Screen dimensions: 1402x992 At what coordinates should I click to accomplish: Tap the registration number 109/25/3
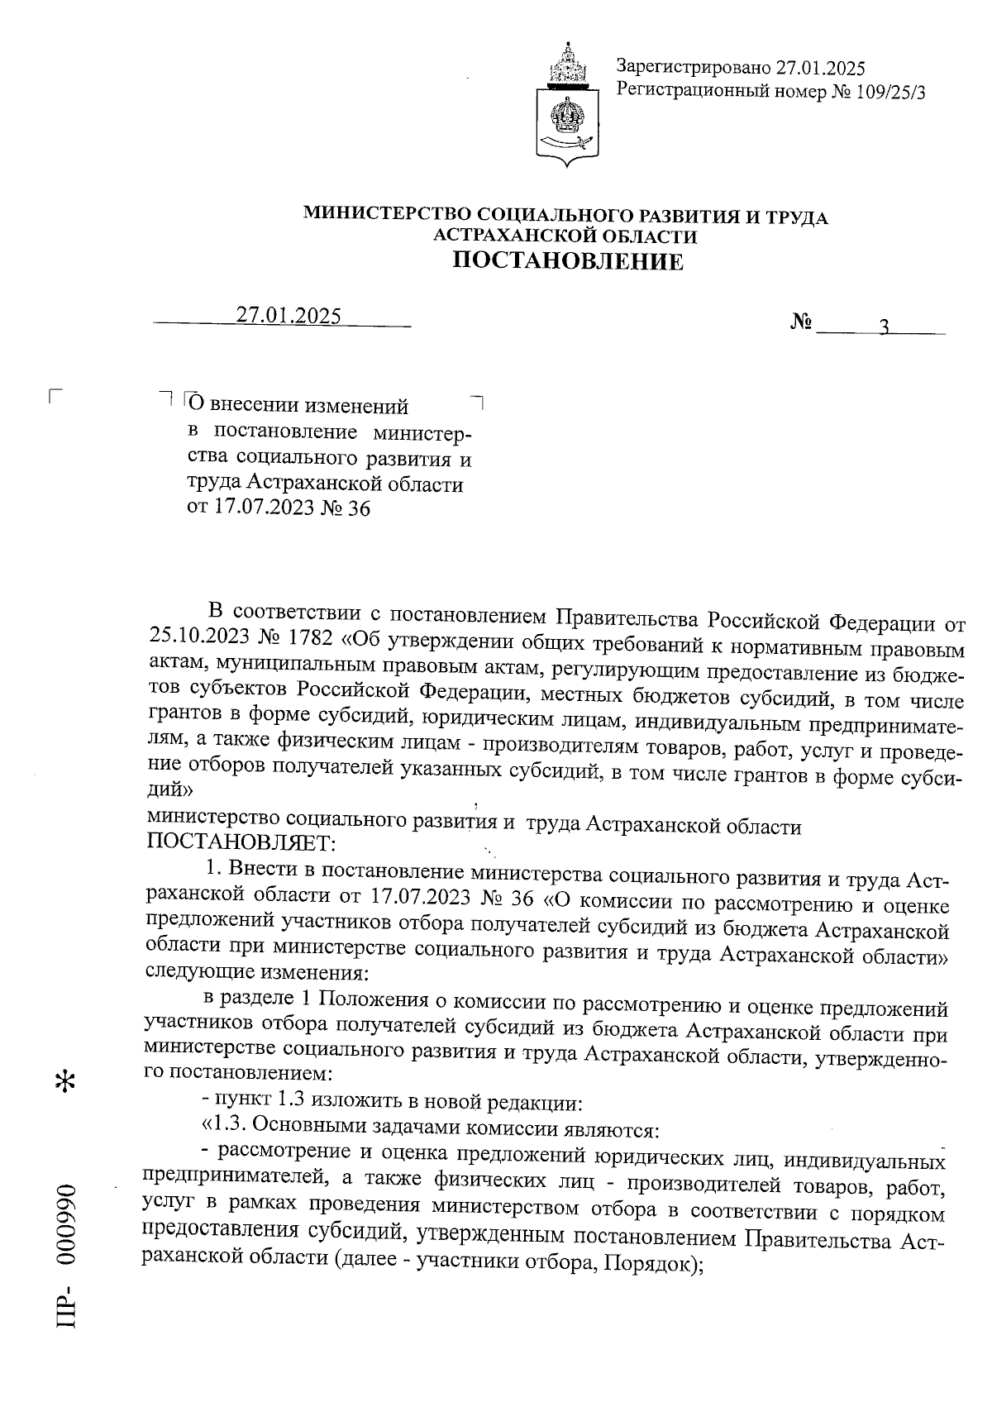point(894,92)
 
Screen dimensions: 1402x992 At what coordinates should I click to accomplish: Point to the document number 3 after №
point(883,327)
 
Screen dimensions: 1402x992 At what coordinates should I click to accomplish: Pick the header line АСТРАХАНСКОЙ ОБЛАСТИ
point(565,237)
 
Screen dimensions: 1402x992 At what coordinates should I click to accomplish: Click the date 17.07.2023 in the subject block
point(261,508)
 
